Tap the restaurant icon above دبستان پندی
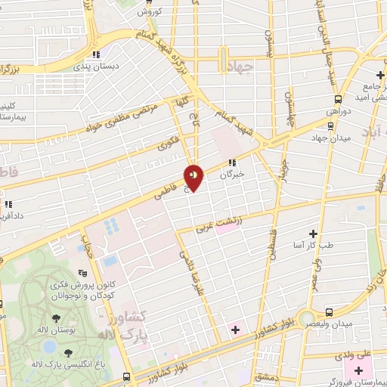[x=96, y=55]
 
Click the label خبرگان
[x=234, y=173]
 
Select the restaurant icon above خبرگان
[x=234, y=162]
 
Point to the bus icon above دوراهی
[x=338, y=98]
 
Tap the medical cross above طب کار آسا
[x=313, y=234]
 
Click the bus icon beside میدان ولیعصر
[x=329, y=311]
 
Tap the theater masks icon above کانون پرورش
[x=82, y=273]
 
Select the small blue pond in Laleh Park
[x=51, y=347]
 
